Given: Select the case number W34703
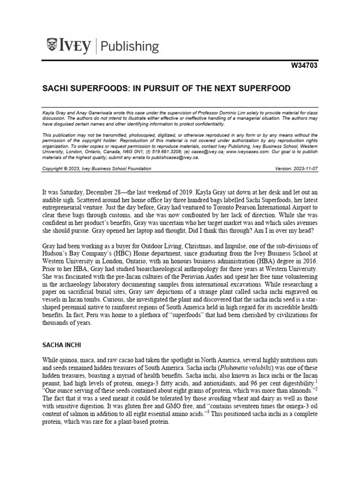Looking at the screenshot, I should click(305, 66).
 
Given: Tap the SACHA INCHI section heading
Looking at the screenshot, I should click(62, 345).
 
